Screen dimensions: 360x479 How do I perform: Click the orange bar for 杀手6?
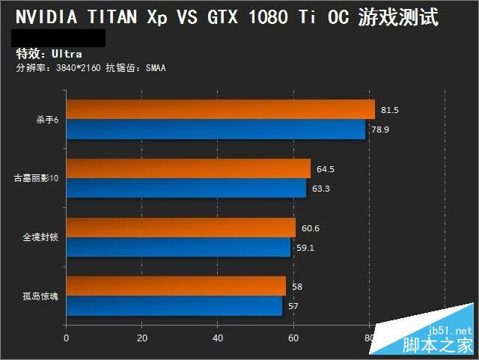click(x=220, y=110)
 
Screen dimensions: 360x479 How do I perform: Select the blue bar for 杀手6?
click(x=216, y=129)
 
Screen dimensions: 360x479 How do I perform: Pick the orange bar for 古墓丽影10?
click(x=188, y=168)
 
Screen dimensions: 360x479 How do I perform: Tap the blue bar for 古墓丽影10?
click(x=186, y=188)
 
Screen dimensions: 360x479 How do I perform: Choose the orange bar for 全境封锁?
click(x=180, y=228)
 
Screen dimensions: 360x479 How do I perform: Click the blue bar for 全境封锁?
click(x=178, y=247)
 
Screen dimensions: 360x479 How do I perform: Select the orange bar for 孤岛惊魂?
click(x=176, y=286)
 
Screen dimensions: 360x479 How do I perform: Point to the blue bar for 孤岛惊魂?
click(x=174, y=305)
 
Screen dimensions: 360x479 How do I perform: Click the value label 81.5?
click(x=390, y=110)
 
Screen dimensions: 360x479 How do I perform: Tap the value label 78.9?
click(x=380, y=129)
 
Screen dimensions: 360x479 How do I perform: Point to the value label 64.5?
click(x=326, y=169)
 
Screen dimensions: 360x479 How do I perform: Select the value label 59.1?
click(x=305, y=248)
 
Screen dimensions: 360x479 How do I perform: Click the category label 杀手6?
click(x=46, y=120)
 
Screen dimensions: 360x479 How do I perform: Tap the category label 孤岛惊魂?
click(x=40, y=296)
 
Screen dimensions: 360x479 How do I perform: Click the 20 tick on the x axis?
click(x=142, y=338)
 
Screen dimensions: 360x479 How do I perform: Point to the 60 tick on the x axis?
click(x=293, y=338)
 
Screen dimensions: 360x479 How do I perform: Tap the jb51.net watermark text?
click(x=451, y=330)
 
